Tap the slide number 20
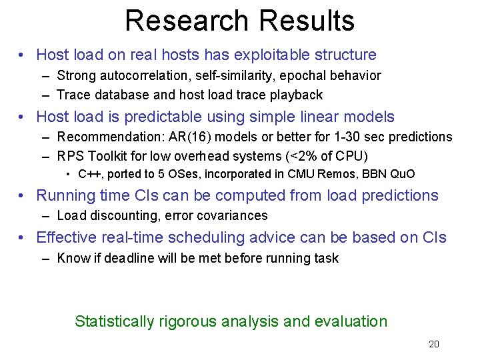coord(434,345)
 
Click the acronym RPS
coord(70,156)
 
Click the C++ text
coord(89,175)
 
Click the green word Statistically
coord(114,321)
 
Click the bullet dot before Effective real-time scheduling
coord(23,238)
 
